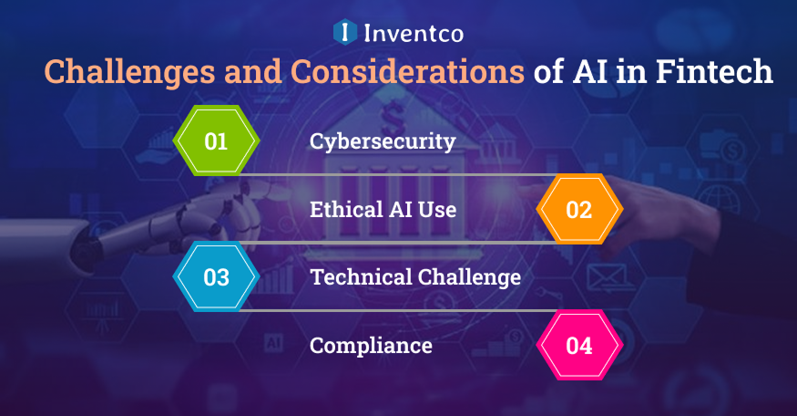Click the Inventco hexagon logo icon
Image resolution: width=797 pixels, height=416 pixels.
point(344,33)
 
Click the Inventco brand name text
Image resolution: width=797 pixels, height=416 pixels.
point(413,34)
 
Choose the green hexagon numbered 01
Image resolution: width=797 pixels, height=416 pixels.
point(216,141)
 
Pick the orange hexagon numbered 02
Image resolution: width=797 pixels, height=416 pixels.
point(578,210)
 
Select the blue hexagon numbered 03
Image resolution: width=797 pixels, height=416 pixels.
point(216,277)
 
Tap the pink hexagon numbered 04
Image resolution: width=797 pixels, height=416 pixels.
point(578,346)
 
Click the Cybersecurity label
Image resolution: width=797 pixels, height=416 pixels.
point(383,142)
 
